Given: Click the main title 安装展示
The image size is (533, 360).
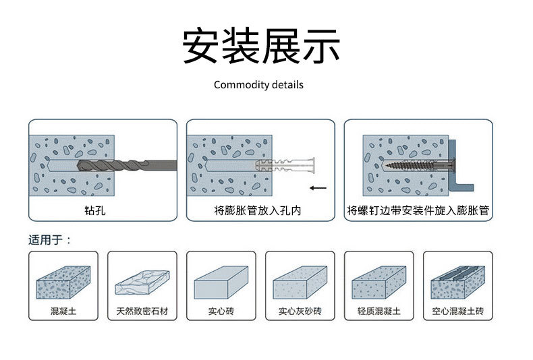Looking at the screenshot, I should [261, 46].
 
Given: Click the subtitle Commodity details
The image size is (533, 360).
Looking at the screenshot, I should [258, 85].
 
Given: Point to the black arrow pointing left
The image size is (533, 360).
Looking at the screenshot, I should [318, 188].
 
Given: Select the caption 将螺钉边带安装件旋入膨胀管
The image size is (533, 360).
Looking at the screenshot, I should [418, 211].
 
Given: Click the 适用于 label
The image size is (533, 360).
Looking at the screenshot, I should [49, 240].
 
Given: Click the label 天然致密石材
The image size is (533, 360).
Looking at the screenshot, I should [142, 312].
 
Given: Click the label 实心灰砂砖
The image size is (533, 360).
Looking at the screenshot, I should [300, 312].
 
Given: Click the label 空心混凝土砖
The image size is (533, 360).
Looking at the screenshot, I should [457, 312].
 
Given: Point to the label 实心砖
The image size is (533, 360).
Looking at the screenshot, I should [221, 312].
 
